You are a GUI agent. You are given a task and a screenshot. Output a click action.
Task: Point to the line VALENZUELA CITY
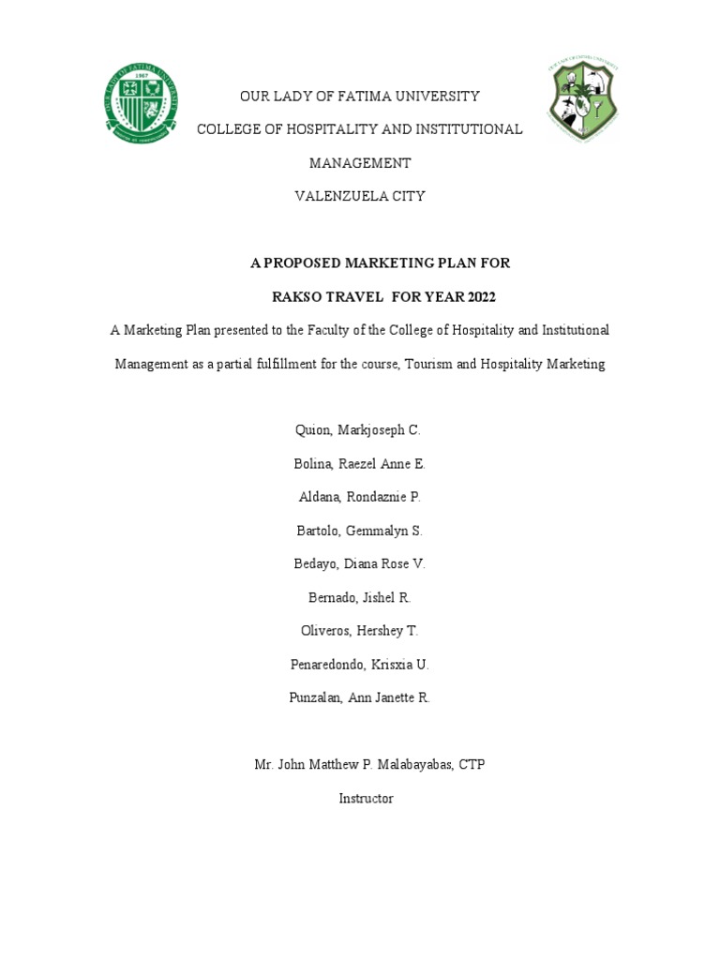click(x=360, y=197)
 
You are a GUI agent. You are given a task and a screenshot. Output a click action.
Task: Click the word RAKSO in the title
click(x=296, y=298)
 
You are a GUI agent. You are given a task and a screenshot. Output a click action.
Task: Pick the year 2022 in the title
click(x=476, y=298)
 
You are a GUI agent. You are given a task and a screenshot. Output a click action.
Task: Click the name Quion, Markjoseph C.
click(x=360, y=429)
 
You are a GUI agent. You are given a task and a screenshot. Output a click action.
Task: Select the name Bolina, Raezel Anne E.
click(x=360, y=463)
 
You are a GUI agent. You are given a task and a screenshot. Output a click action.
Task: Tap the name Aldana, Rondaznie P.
click(x=360, y=497)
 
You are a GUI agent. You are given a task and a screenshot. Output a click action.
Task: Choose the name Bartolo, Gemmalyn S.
click(x=360, y=531)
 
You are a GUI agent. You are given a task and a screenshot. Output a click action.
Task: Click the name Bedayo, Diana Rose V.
click(x=360, y=563)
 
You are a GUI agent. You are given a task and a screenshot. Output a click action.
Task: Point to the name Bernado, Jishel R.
click(x=360, y=597)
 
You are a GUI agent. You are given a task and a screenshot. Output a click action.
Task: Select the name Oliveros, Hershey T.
click(x=360, y=631)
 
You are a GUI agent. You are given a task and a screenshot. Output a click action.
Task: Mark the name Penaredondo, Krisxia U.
click(x=360, y=665)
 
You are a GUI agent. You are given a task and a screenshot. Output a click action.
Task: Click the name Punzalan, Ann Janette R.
click(x=360, y=698)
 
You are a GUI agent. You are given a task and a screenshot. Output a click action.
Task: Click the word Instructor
click(x=366, y=799)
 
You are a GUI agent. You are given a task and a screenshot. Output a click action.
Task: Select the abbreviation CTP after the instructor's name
click(x=471, y=765)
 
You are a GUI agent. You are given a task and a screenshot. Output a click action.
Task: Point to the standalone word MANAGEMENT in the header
click(x=360, y=163)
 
